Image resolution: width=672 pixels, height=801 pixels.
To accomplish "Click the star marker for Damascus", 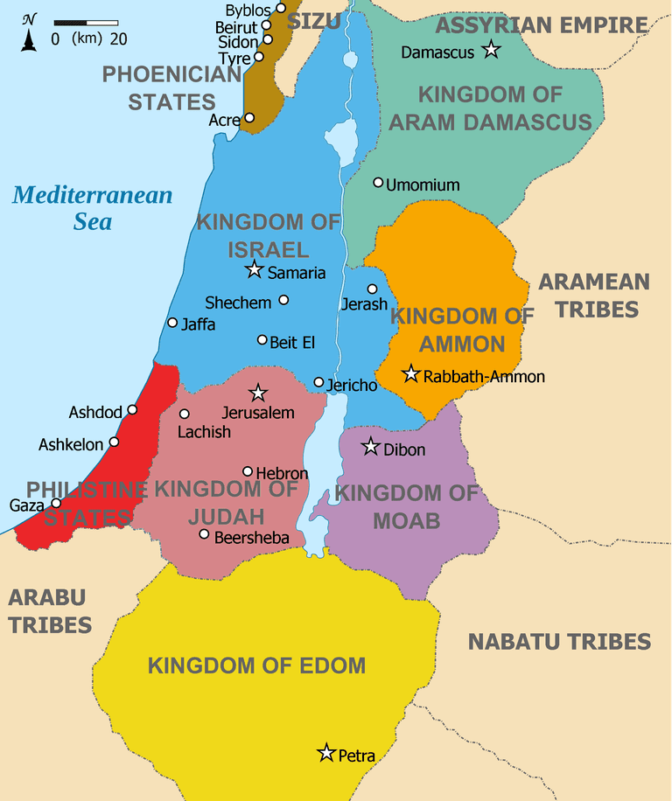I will pyautogui.click(x=491, y=50).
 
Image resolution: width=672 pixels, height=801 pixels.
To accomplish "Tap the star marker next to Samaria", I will pyautogui.click(x=255, y=269).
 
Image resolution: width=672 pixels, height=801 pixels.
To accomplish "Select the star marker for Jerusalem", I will pyautogui.click(x=258, y=393).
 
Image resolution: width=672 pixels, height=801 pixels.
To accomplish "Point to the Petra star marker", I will pyautogui.click(x=326, y=752).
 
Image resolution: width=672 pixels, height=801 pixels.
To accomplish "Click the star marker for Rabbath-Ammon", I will pyautogui.click(x=410, y=374).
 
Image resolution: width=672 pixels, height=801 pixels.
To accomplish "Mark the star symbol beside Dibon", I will pyautogui.click(x=371, y=447).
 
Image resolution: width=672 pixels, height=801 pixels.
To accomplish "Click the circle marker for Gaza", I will pyautogui.click(x=57, y=503).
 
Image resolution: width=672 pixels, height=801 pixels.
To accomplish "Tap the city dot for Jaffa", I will pyautogui.click(x=172, y=323).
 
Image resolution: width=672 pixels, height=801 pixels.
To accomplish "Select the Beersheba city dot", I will pyautogui.click(x=204, y=534).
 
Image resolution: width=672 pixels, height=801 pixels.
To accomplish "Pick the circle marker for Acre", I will pyautogui.click(x=249, y=117).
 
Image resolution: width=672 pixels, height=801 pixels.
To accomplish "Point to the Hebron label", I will pyautogui.click(x=282, y=473).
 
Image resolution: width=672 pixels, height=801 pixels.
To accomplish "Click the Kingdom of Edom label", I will pyautogui.click(x=256, y=665).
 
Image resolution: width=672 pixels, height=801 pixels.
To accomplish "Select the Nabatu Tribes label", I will pyautogui.click(x=559, y=642).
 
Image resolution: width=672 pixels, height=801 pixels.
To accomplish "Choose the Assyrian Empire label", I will pyautogui.click(x=542, y=25).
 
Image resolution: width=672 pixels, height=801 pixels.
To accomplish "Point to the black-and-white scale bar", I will pyautogui.click(x=86, y=22).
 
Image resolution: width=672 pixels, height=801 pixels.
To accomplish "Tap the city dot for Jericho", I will pyautogui.click(x=318, y=382).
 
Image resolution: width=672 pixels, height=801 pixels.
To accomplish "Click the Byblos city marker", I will pyautogui.click(x=281, y=8).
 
